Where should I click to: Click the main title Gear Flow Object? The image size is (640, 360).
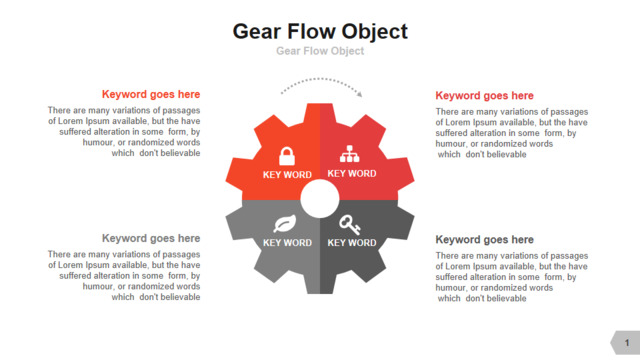coord(320,32)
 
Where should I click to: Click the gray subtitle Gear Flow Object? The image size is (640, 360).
coord(320,51)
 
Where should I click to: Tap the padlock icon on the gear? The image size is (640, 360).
coord(287,156)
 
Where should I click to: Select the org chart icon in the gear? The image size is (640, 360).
coord(349,154)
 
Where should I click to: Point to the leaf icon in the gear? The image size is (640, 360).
coord(285,223)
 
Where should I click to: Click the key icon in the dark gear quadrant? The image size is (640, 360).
coord(350,225)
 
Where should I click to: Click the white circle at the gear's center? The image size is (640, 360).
coord(320,199)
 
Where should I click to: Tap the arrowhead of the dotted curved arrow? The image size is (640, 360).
coord(359,94)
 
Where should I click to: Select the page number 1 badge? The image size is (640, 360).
coord(625,342)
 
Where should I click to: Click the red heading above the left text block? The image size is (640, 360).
coord(151,94)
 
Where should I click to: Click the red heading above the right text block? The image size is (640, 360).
coord(484,96)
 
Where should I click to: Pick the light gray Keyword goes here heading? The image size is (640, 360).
coord(151,238)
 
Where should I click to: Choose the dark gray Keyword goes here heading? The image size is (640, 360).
coord(484,240)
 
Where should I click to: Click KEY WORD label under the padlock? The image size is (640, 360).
coord(287,175)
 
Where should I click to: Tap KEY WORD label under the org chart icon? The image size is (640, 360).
coord(352,173)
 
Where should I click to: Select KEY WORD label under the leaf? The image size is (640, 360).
coord(287,243)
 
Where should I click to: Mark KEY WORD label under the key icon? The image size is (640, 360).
coord(352,243)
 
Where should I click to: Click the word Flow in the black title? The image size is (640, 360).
coord(311,31)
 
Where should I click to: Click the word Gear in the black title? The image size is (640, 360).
coord(257,31)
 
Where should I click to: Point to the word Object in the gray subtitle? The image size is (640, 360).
coord(347,51)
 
